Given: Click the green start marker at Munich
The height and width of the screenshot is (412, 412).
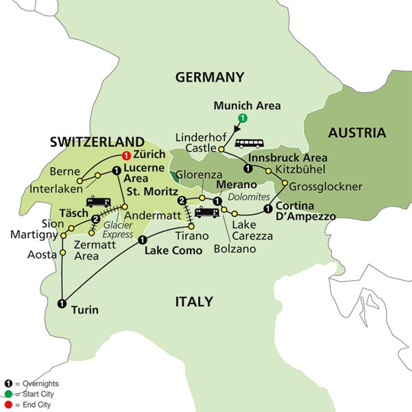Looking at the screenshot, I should coord(241,119).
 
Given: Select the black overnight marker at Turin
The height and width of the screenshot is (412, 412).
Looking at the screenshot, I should coord(62,304).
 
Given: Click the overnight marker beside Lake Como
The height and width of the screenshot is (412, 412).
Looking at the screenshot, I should coord(142,240).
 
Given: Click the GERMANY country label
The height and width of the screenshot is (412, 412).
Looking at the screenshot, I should coord(210,77).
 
